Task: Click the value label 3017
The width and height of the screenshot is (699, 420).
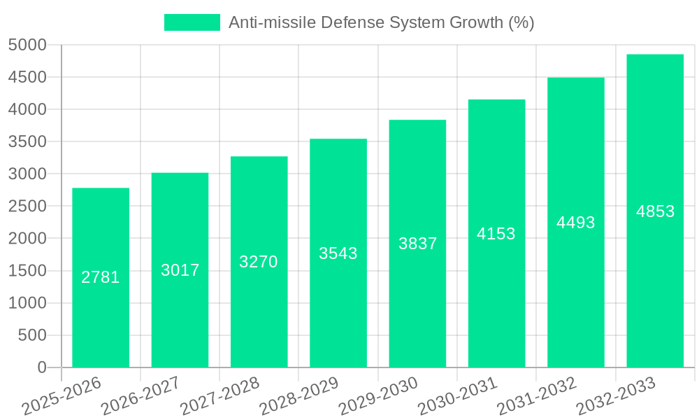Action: click(x=180, y=270)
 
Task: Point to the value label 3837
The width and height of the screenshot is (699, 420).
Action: click(x=418, y=244)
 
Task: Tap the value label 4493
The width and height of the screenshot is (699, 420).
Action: click(x=576, y=223)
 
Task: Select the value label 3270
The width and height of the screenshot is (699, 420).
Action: click(x=259, y=262)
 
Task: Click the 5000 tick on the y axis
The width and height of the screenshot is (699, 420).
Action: click(x=27, y=45)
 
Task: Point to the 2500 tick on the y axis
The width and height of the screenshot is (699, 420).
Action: click(x=27, y=206)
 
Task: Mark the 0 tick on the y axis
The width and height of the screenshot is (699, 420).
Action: click(x=41, y=367)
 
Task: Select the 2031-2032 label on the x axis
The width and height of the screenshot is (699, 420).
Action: click(x=537, y=396)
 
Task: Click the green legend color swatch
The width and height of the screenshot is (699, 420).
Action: click(x=192, y=22)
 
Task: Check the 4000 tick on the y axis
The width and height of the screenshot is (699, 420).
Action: click(x=27, y=110)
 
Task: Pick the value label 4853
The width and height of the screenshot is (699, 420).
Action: click(x=656, y=211)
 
